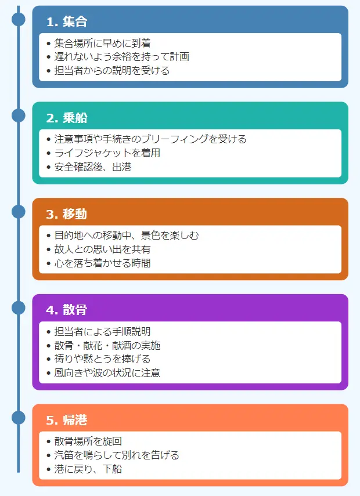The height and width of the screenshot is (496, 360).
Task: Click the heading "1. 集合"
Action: pos(67,22)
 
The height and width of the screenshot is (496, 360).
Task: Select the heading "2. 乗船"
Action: pos(67,118)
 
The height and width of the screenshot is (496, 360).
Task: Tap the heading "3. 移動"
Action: pos(67,214)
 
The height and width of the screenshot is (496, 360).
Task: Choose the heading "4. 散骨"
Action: pos(67,310)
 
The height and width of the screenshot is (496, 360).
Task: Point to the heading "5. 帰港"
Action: pos(67,420)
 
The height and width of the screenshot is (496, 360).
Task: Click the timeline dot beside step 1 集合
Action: pos(19,19)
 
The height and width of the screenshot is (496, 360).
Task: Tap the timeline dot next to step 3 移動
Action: pos(19,211)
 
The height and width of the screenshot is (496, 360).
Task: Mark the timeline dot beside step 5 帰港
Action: pos(19,417)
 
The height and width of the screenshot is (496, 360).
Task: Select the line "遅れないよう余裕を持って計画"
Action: pos(121,57)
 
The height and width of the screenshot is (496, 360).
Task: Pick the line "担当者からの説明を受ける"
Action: pos(112,71)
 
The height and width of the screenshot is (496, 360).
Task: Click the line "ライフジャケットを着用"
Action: pos(107,153)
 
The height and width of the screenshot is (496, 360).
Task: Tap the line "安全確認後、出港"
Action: pos(93,167)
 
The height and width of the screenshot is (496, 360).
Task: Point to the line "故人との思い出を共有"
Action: pos(103,249)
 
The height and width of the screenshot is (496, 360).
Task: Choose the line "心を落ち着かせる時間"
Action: pos(103,263)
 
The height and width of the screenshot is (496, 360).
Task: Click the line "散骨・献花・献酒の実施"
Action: pos(107,346)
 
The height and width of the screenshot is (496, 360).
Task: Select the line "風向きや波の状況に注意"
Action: pos(107,373)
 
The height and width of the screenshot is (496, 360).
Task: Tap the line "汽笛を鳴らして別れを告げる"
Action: pos(117,455)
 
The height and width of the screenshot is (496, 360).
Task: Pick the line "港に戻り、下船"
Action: pos(88,469)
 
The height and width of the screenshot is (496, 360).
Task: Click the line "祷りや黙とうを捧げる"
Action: pos(103,359)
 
